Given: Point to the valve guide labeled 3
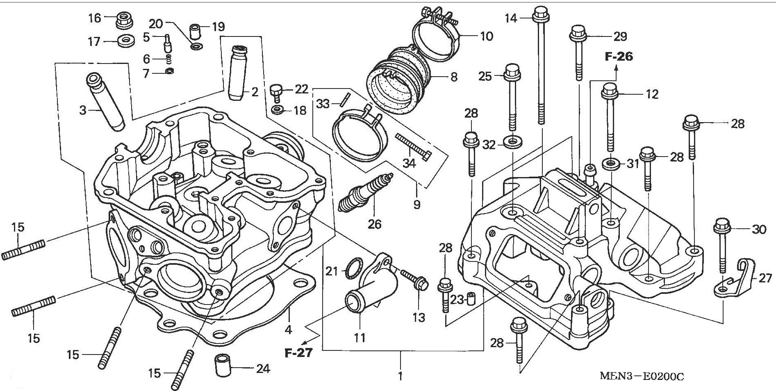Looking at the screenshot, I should tap(105, 102).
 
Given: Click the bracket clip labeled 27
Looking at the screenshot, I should tap(738, 279).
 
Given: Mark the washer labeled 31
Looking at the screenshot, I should tap(611, 164).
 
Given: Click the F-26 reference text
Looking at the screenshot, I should tap(619, 57).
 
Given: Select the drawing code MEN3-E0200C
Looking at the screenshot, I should tap(642, 377).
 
